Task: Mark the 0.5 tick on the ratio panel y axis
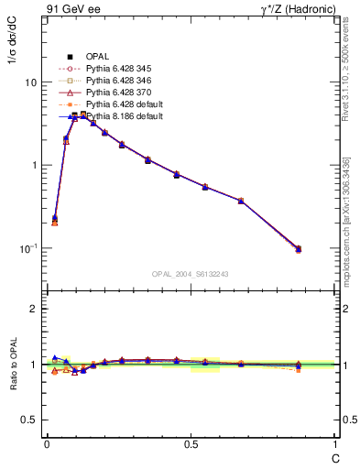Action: click(29, 420)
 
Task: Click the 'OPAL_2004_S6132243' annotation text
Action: click(191, 274)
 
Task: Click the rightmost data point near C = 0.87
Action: click(299, 248)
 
